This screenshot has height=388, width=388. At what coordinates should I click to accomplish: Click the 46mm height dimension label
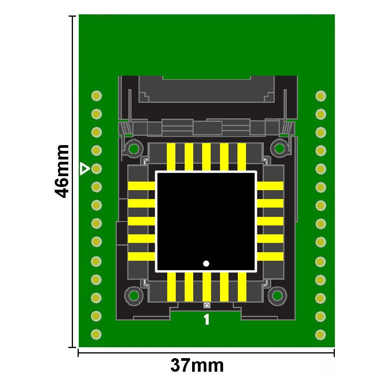[x=61, y=171]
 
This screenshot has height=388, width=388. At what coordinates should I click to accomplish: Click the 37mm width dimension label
[x=197, y=365]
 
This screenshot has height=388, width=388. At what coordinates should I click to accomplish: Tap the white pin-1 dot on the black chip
[x=206, y=263]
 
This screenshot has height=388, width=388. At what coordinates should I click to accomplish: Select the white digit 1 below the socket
[x=207, y=319]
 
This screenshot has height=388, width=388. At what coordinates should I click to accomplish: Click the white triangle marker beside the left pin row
[x=85, y=169]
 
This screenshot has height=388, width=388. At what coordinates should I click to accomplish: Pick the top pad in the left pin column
[x=97, y=96]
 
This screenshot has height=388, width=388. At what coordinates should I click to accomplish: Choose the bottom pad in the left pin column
[x=96, y=334]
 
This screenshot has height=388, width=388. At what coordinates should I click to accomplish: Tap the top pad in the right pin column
[x=321, y=96]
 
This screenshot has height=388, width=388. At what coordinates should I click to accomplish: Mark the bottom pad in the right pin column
[x=320, y=335]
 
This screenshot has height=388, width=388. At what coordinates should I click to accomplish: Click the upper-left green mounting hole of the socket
[x=134, y=149]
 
